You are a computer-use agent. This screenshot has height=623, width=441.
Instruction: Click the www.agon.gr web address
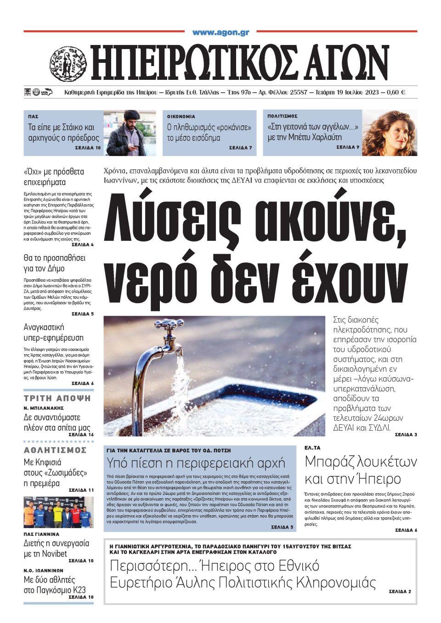coord(220,33)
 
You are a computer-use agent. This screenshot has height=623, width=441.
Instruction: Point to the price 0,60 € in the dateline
coord(396,92)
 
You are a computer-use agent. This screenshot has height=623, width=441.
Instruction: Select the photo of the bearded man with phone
coord(129,133)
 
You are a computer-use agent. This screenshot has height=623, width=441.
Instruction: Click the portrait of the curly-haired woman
coord(390,133)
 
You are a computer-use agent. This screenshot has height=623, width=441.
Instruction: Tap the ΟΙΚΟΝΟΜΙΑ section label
coord(181,117)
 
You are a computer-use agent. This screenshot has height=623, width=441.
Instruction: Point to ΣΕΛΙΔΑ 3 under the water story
coord(406,434)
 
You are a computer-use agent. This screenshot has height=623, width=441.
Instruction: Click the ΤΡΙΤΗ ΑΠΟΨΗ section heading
coord(57,398)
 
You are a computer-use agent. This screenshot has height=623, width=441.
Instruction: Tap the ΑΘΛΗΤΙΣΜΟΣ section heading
coord(55,450)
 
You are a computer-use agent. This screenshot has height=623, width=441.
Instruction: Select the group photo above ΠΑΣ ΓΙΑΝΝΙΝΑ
coord(58,512)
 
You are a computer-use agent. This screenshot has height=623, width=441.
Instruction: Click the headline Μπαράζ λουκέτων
coord(361,461)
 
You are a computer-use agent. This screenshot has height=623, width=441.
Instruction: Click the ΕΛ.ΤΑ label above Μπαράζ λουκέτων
coord(312,447)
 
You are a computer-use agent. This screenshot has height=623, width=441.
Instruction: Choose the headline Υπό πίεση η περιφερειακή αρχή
coord(196,462)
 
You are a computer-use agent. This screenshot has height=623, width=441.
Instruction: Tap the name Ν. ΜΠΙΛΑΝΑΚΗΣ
coord(44,408)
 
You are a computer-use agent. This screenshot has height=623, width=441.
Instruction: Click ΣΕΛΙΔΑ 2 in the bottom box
coord(400,591)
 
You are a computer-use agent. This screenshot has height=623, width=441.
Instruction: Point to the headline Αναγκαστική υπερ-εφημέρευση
coord(54,333)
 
